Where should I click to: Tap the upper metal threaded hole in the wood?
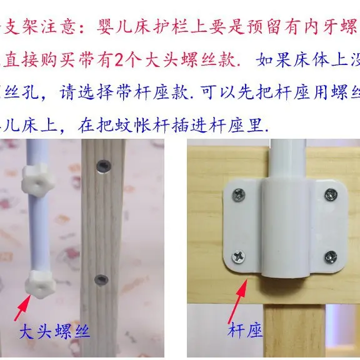click(102, 166)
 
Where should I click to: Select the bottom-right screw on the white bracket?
click(330, 256)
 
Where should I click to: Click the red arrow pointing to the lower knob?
click(24, 307)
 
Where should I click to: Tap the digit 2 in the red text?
click(100, 61)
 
